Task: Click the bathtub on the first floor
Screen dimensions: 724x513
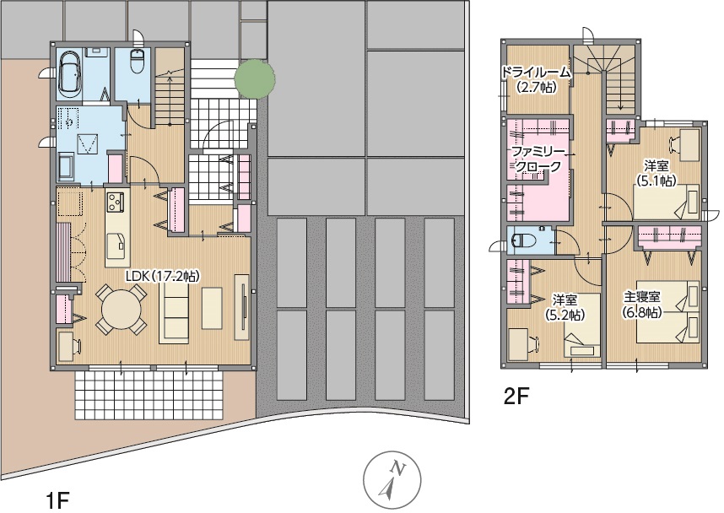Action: click(71, 74)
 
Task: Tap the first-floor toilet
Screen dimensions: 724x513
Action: click(138, 61)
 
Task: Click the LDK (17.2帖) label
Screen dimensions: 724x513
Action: click(163, 276)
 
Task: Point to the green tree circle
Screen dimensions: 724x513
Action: click(255, 79)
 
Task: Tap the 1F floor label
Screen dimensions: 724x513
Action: click(57, 500)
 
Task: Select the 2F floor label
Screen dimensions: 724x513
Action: click(516, 397)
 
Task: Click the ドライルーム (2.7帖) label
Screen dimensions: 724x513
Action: click(536, 79)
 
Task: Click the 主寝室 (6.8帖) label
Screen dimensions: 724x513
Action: click(642, 304)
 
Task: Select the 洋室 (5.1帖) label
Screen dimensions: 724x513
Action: click(656, 172)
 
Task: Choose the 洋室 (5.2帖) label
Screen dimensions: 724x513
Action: click(565, 306)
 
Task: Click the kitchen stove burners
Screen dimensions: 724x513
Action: click(114, 202)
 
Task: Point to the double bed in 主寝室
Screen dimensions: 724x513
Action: click(668, 311)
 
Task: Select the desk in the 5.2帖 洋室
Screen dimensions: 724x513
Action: click(518, 341)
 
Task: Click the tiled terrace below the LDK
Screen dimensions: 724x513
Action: click(149, 394)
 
